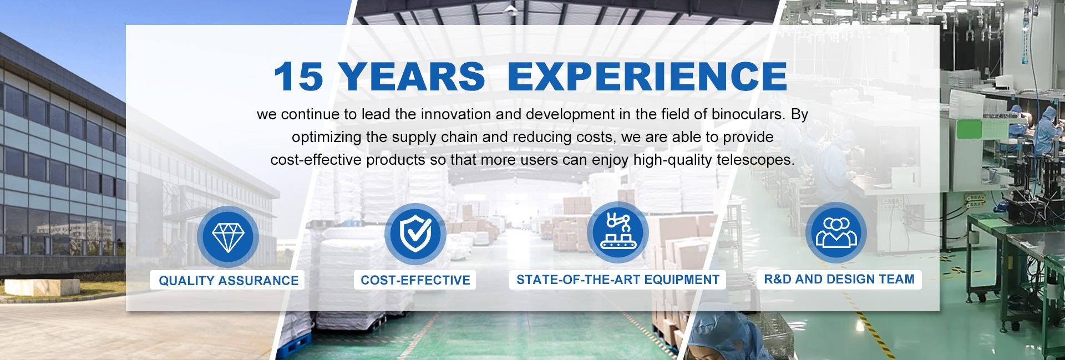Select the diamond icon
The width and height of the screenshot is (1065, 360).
click(228, 236)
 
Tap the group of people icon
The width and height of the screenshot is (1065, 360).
click(836, 232)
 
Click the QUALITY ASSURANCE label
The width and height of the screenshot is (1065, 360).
click(229, 281)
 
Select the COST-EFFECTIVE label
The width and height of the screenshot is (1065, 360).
click(415, 280)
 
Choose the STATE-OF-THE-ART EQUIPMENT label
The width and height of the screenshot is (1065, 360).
click(617, 280)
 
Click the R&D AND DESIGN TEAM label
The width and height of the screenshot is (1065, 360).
click(839, 279)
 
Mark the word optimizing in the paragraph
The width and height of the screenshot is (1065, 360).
click(327, 138)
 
